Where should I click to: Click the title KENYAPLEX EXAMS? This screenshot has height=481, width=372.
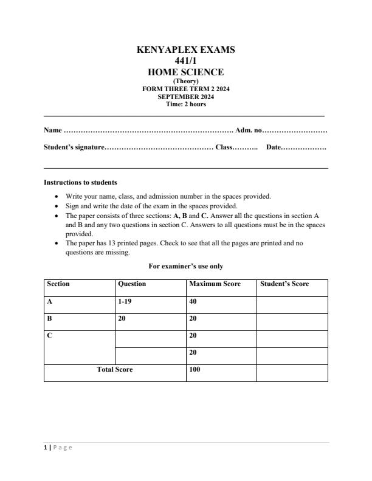point(185,50)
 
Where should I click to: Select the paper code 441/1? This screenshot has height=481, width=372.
point(185,61)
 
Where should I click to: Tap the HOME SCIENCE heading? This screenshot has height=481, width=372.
point(185,72)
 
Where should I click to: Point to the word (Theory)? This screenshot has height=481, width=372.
point(185,81)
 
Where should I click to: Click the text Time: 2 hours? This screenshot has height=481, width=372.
point(185,104)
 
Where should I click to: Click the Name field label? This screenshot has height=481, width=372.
point(53,130)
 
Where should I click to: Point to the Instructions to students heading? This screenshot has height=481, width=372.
point(80,182)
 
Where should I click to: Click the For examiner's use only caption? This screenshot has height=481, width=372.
point(185,266)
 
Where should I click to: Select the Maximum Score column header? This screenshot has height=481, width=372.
point(215,284)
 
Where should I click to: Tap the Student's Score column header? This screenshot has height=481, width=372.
point(284,284)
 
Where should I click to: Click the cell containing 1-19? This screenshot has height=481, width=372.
point(124,301)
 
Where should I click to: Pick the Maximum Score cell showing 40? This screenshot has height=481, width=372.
point(194,301)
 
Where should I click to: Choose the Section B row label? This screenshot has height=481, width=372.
point(50,318)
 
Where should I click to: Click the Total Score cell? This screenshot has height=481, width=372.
point(115,369)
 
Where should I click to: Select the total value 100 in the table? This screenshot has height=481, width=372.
point(195,369)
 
